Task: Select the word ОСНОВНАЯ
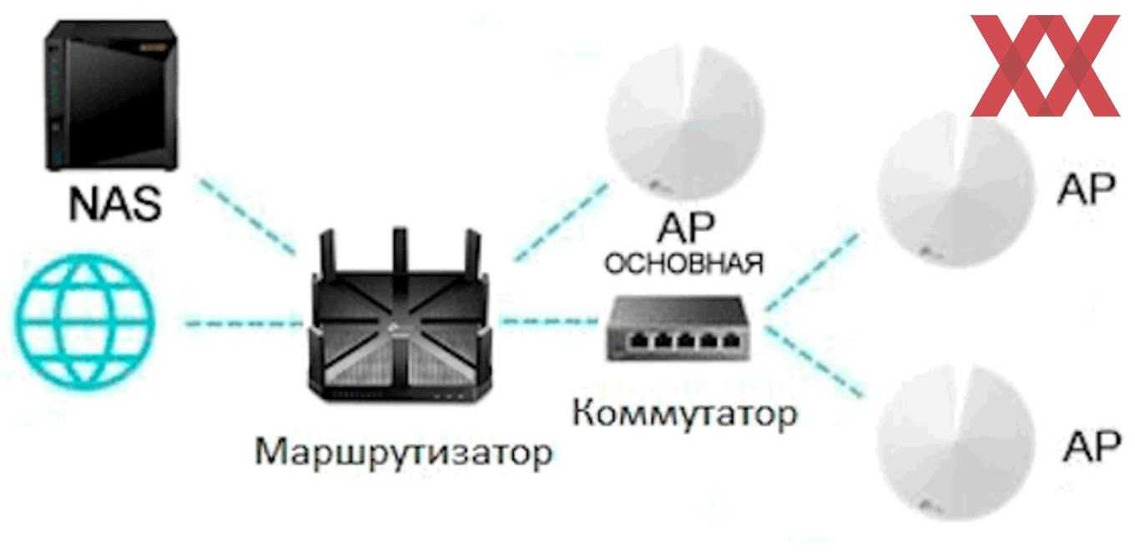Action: pyautogui.click(x=684, y=264)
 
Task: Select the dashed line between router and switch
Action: pyautogui.click(x=551, y=320)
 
